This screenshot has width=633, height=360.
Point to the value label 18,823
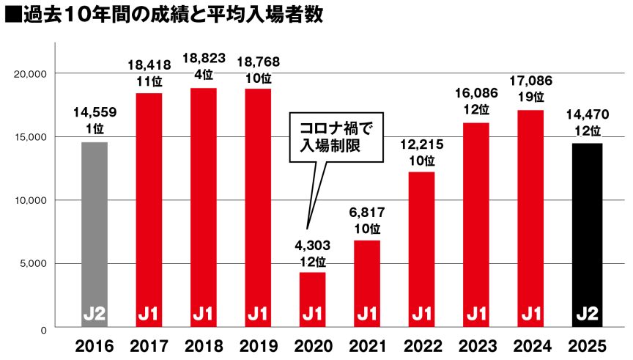point(204,59)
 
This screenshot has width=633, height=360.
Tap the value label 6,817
point(368,213)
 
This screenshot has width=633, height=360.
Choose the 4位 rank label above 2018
point(204,74)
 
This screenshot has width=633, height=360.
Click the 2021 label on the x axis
point(368,345)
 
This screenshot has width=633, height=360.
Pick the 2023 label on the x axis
point(478,345)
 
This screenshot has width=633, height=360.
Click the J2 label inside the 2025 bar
point(588,314)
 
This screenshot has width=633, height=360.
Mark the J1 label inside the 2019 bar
point(258,314)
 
